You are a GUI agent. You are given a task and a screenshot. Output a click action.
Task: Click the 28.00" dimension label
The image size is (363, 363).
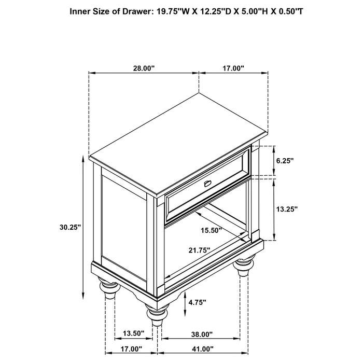pos(144,68)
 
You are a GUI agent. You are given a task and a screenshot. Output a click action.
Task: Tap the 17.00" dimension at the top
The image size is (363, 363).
pos(233,68)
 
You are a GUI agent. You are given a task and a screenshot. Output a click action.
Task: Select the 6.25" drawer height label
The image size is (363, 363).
pos(285,161)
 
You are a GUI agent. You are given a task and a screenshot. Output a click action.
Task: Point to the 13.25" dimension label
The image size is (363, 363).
pos(286,209)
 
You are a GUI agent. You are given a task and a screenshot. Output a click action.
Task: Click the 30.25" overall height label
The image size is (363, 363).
pos(70,227)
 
